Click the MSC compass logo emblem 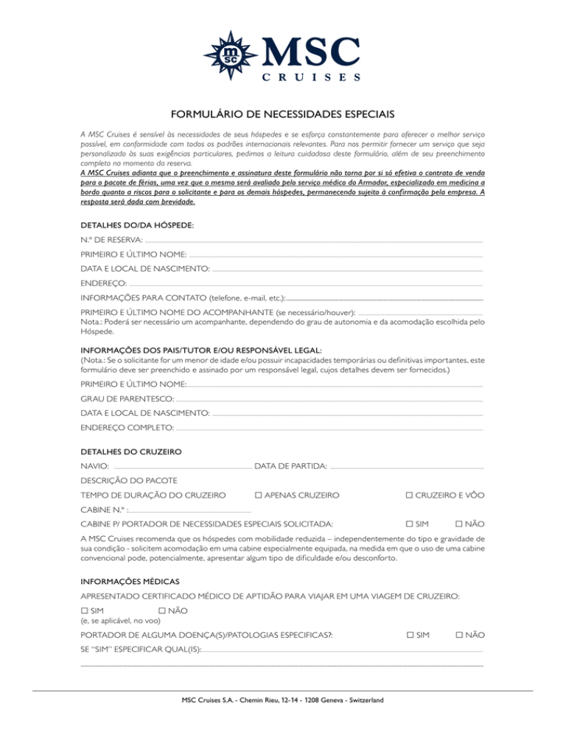(x=234, y=49)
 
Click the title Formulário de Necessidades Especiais (x=283, y=114)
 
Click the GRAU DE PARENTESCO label (x=122, y=398)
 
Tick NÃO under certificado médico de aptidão (x=162, y=610)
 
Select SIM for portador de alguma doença (x=410, y=634)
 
